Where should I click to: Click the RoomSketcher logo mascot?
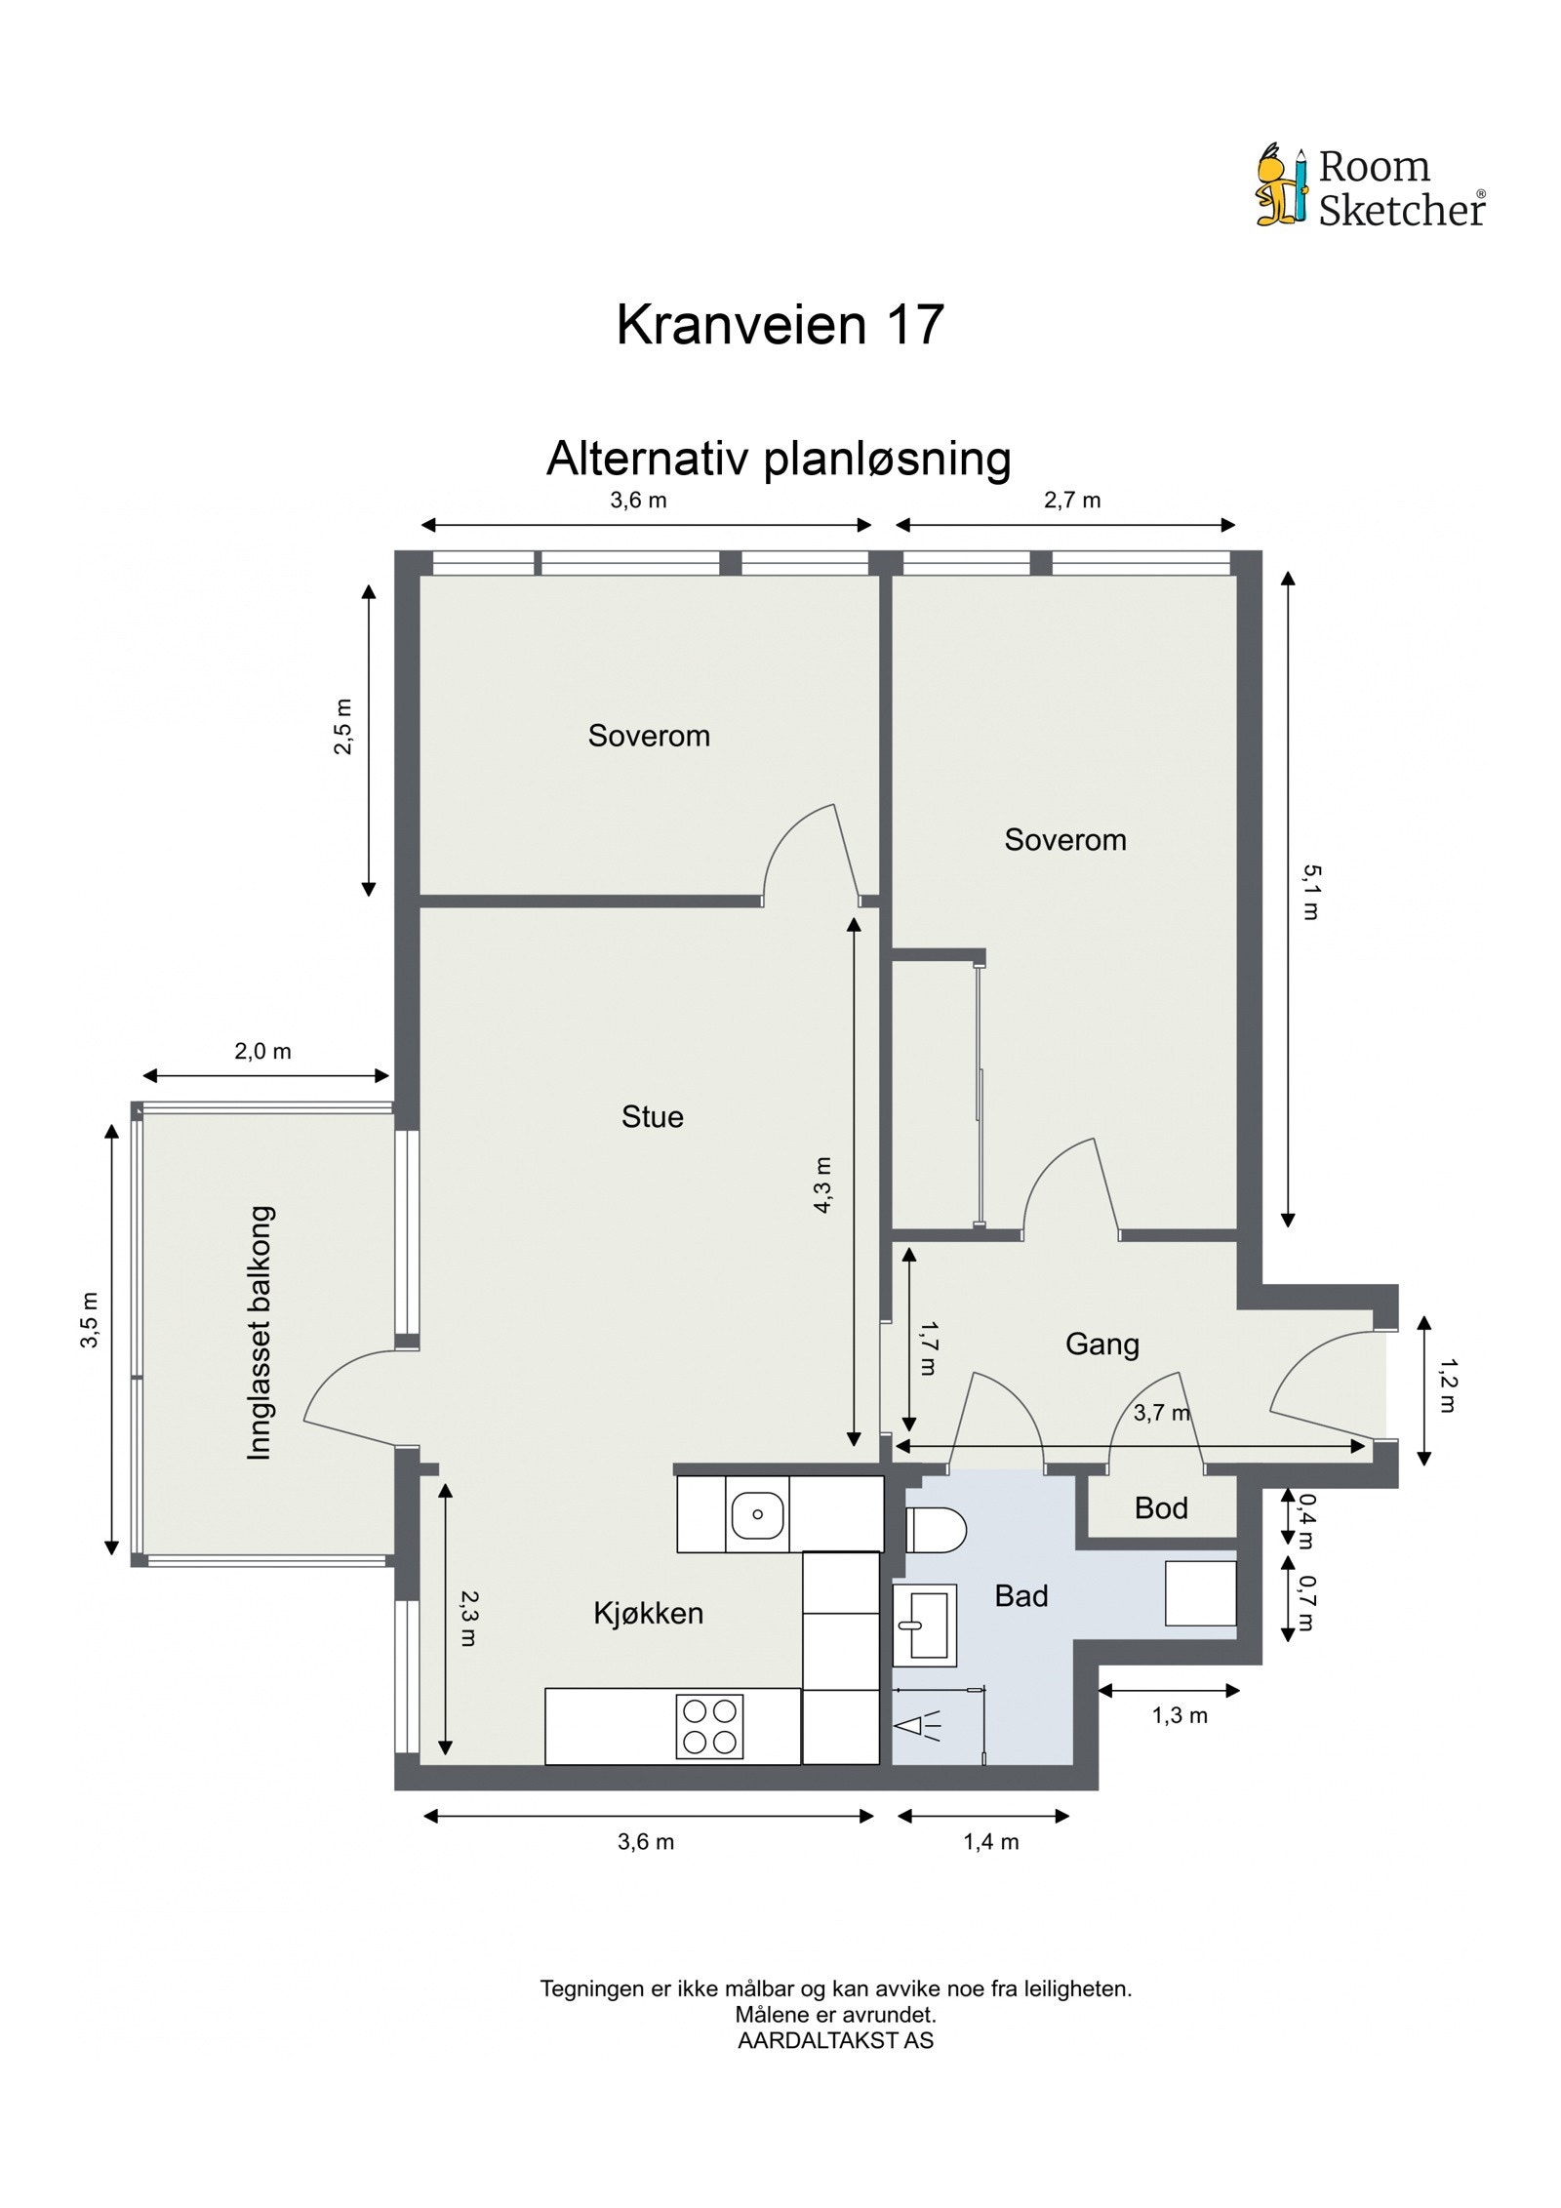coord(1279,185)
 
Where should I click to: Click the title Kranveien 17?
coord(780,325)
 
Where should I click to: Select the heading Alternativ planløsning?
coord(778,458)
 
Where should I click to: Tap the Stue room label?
coord(652,1116)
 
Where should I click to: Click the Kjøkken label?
coord(648,1613)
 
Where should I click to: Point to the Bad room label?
coord(1021,1596)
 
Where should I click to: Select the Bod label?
coord(1160,1508)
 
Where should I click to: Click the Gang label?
coord(1101,1345)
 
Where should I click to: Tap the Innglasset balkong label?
coord(260,1333)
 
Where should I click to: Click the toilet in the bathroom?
coord(935,1530)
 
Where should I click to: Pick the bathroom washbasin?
coord(923,1625)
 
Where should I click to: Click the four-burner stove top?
coord(709,1726)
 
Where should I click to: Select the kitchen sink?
coord(757,1515)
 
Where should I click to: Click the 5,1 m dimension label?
coord(1310,892)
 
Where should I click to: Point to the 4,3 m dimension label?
coord(822,1184)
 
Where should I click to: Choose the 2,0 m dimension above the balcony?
coord(262,1052)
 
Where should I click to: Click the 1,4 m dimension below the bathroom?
coord(990,1842)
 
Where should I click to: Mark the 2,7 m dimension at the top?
coord(1071,501)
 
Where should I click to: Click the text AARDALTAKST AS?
coord(835,2040)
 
